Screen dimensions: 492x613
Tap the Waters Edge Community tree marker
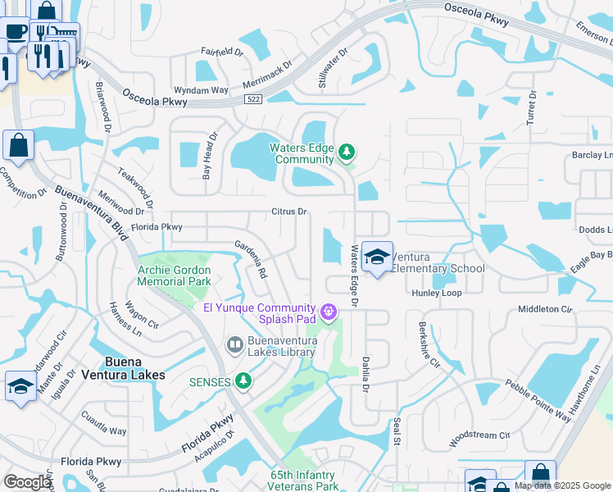pos(347,151)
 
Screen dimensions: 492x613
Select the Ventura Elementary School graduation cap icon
pos(377,257)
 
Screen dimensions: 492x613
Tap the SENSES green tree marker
pos(243,380)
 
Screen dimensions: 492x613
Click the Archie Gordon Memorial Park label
pos(174,276)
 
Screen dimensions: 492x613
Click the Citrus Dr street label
pos(289,212)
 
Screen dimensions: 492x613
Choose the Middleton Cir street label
pos(544,309)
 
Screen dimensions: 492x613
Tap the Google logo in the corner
pos(27,482)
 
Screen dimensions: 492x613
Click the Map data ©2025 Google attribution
pos(562,485)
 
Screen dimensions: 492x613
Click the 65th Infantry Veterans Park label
pos(304,481)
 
